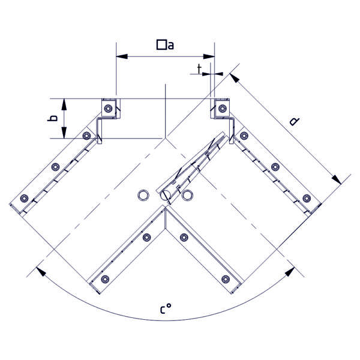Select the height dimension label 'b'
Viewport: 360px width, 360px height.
(x=53, y=119)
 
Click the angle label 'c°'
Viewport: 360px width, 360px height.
(x=166, y=310)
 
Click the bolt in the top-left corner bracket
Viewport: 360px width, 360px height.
(x=107, y=108)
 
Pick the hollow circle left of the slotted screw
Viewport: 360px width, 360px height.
(x=143, y=195)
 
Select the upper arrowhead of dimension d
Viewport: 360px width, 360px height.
(x=233, y=77)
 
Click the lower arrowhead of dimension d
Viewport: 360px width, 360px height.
(x=335, y=179)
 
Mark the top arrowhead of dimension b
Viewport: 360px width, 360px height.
(x=63, y=103)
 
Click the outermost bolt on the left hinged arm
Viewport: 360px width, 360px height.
(x=24, y=199)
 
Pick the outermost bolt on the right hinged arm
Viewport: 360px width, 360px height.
(x=307, y=198)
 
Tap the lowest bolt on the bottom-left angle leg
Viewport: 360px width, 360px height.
(x=105, y=278)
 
